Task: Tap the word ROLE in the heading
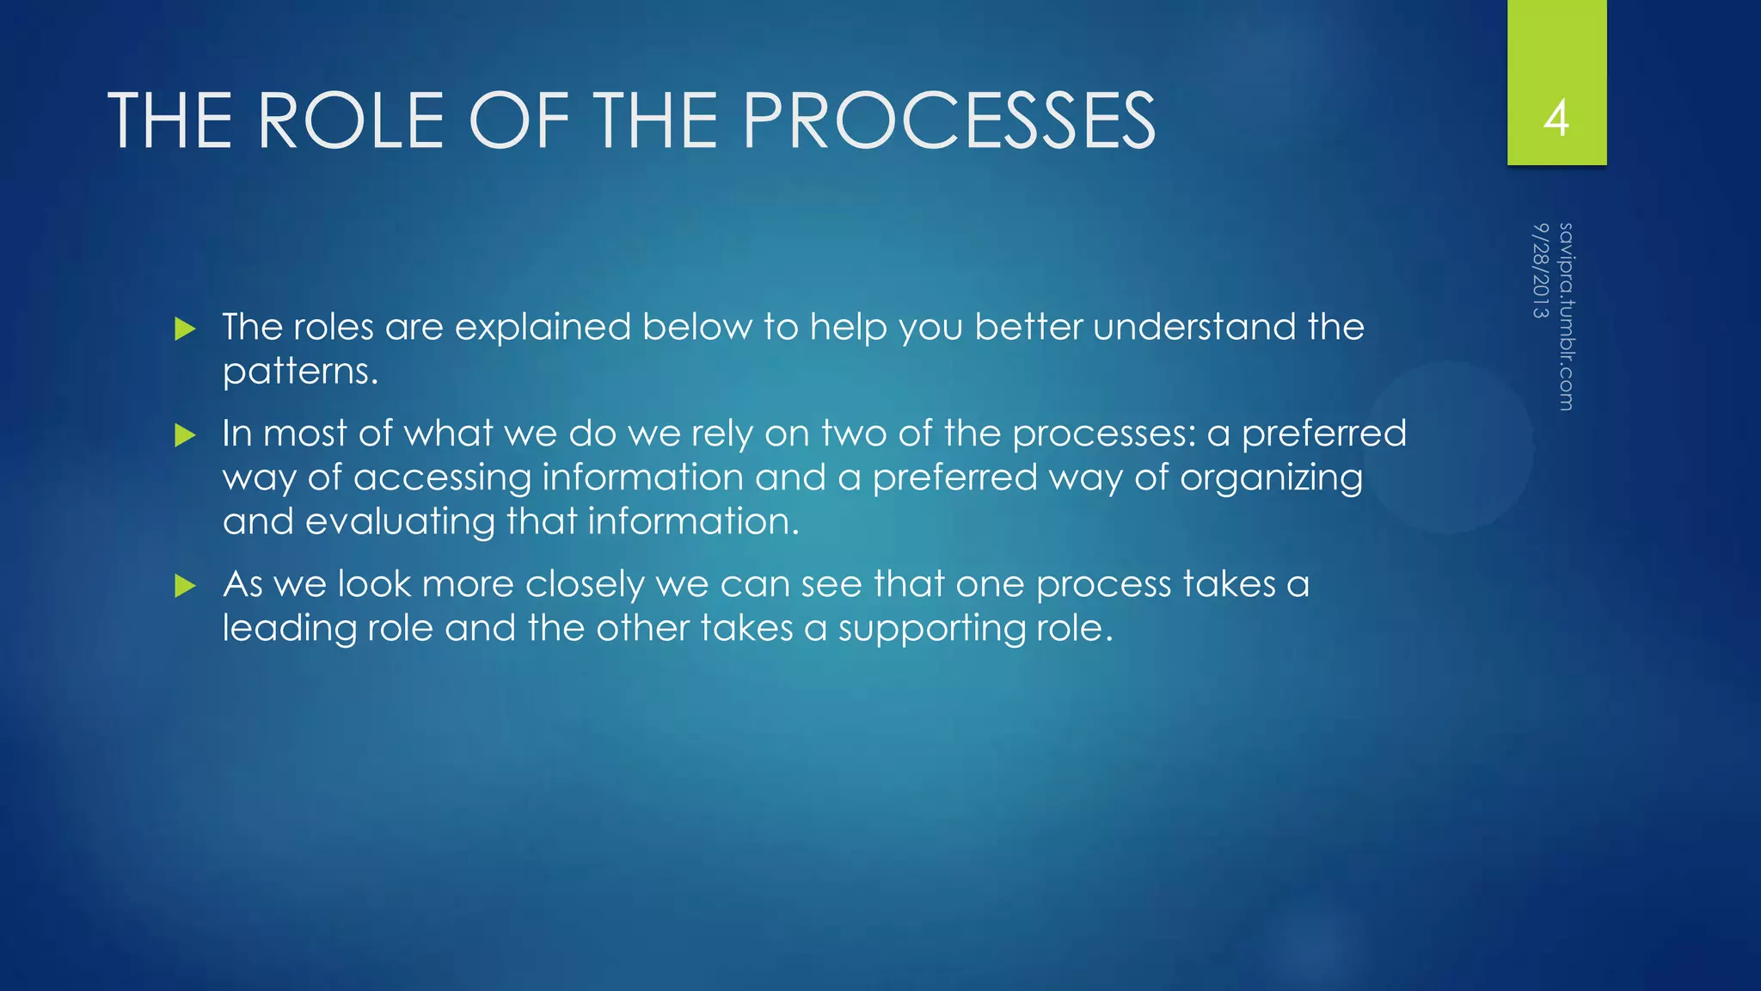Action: [x=350, y=120]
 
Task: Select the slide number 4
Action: [x=1556, y=118]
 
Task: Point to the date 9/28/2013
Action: [x=1540, y=270]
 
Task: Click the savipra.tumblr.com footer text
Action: [x=1566, y=317]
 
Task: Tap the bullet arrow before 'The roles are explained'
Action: [x=185, y=329]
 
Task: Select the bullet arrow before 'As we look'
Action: [x=185, y=586]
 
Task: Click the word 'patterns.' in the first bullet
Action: [x=300, y=372]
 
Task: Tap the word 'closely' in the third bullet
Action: [x=585, y=585]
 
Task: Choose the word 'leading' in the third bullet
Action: [x=289, y=629]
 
